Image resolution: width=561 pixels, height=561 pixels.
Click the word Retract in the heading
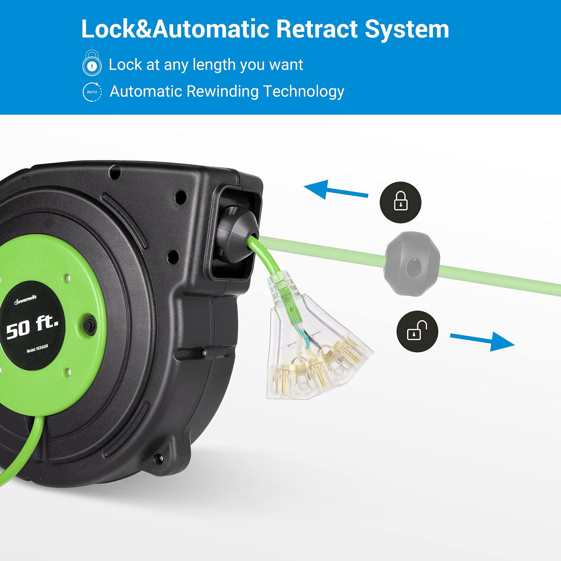[317, 29]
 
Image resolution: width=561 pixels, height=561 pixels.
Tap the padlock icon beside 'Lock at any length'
[92, 63]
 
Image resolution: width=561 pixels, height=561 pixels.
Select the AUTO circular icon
[92, 92]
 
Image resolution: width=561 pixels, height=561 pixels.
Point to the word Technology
[304, 91]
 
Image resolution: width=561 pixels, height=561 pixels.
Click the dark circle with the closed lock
[400, 202]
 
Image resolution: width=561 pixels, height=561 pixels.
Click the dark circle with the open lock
[417, 331]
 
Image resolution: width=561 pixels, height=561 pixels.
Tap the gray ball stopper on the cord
[412, 264]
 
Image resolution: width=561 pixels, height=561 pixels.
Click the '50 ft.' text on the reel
[32, 327]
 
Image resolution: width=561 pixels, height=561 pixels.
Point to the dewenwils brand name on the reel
[26, 300]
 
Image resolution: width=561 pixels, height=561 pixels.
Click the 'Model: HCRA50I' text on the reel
[37, 349]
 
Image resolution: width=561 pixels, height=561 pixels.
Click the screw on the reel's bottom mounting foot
[159, 457]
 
